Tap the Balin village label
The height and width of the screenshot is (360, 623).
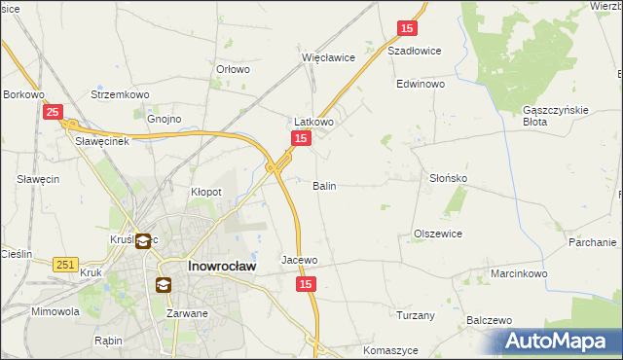click(x=324, y=185)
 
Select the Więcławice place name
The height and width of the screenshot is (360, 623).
click(x=328, y=57)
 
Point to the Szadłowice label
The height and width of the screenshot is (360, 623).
click(x=415, y=51)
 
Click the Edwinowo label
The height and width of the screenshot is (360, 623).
click(x=420, y=85)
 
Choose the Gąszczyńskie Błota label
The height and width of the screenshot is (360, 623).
click(x=556, y=116)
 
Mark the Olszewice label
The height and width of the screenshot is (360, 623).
click(x=437, y=234)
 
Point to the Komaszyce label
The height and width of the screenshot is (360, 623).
click(x=389, y=349)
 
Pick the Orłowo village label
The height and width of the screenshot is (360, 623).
click(x=233, y=69)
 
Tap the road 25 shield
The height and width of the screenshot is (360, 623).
click(x=54, y=113)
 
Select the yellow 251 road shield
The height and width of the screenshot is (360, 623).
click(x=66, y=265)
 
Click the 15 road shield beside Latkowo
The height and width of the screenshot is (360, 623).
click(x=301, y=140)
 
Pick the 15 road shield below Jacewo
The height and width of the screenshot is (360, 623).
click(x=307, y=283)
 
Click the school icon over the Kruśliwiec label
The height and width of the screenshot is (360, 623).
click(x=143, y=241)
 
